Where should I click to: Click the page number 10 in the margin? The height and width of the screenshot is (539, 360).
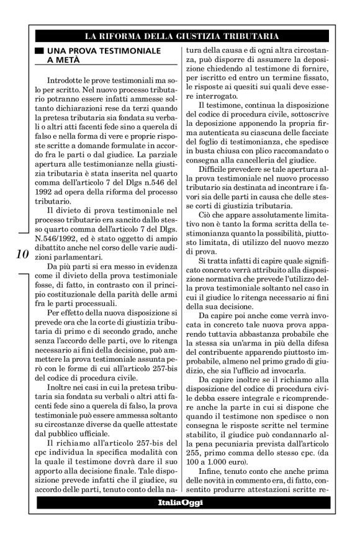(x=19, y=253)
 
